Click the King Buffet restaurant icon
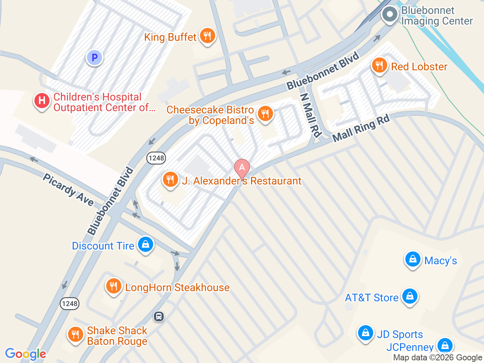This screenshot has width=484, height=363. [x=207, y=36]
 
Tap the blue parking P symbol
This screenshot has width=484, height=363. [x=95, y=58]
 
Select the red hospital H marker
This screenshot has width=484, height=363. [x=42, y=101]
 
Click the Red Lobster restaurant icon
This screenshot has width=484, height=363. [x=379, y=66]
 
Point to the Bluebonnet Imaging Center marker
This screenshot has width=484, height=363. [x=390, y=15]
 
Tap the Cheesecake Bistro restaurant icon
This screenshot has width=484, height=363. [x=265, y=113]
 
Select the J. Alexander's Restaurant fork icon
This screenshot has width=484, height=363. [x=171, y=179]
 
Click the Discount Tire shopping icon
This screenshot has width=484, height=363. [x=146, y=245]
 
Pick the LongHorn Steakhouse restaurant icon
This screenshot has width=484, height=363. [x=113, y=286]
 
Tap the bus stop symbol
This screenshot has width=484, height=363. [x=159, y=316]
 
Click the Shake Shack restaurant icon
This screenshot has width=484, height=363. [x=76, y=335]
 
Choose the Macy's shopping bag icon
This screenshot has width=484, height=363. [x=413, y=259]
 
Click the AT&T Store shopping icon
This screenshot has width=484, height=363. [x=410, y=296]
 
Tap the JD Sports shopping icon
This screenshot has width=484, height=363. [x=366, y=333]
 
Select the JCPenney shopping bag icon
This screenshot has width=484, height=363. [x=445, y=345]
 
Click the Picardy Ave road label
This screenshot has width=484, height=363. [x=68, y=190]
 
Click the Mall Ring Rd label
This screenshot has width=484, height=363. [x=361, y=129]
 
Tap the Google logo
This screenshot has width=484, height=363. [x=25, y=354]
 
